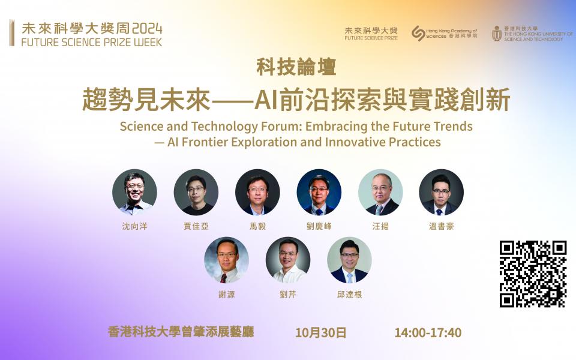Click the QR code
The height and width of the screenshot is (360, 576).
[x=533, y=274]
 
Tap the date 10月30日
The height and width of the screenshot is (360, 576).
[x=320, y=332]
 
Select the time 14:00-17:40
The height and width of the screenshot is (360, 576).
[x=428, y=332]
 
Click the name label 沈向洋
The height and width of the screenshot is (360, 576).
[x=134, y=226]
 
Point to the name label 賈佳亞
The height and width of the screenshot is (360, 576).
[x=196, y=226]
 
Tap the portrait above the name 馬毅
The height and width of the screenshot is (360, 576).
[x=257, y=192]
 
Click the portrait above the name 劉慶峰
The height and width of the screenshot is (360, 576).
[x=319, y=192]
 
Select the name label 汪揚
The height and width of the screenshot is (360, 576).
[x=380, y=226]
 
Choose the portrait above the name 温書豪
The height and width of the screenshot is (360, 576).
[x=441, y=192]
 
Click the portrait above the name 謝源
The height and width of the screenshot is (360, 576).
[x=226, y=260]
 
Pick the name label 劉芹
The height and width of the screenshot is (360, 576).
[x=287, y=294]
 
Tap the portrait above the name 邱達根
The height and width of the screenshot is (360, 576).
[x=349, y=260]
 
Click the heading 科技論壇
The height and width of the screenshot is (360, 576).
[x=296, y=67]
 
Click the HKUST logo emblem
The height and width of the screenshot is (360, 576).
[x=497, y=34]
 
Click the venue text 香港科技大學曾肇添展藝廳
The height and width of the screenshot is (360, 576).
[x=181, y=332]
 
